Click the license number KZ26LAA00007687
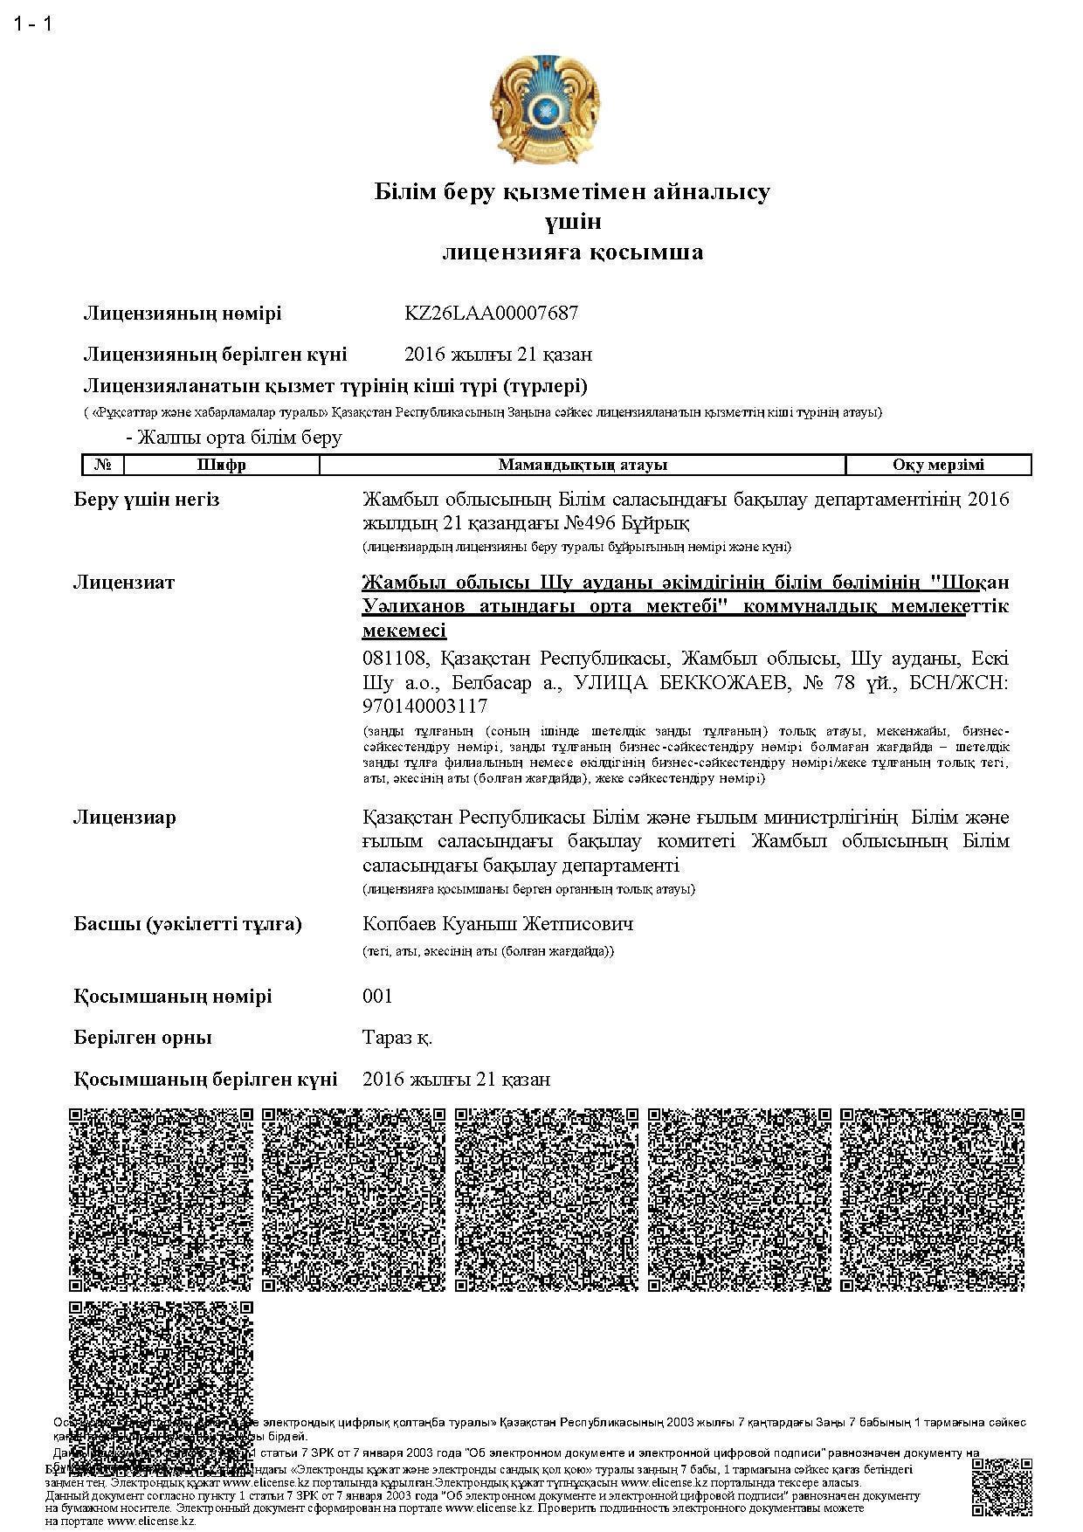click(x=491, y=313)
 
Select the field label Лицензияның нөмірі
click(x=183, y=313)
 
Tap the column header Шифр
click(x=222, y=465)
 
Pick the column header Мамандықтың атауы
click(x=583, y=465)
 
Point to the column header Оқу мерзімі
click(x=938, y=465)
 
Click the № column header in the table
click(x=103, y=465)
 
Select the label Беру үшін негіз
click(x=147, y=500)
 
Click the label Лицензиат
click(x=124, y=582)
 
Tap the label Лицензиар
click(x=124, y=818)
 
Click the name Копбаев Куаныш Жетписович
click(x=498, y=923)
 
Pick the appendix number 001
click(x=377, y=997)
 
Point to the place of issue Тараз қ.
click(x=397, y=1038)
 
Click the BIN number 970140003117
click(x=424, y=706)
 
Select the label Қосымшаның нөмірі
click(x=173, y=997)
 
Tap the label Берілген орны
click(x=143, y=1038)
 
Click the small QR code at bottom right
click(x=1002, y=1487)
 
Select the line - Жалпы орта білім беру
click(x=234, y=437)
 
